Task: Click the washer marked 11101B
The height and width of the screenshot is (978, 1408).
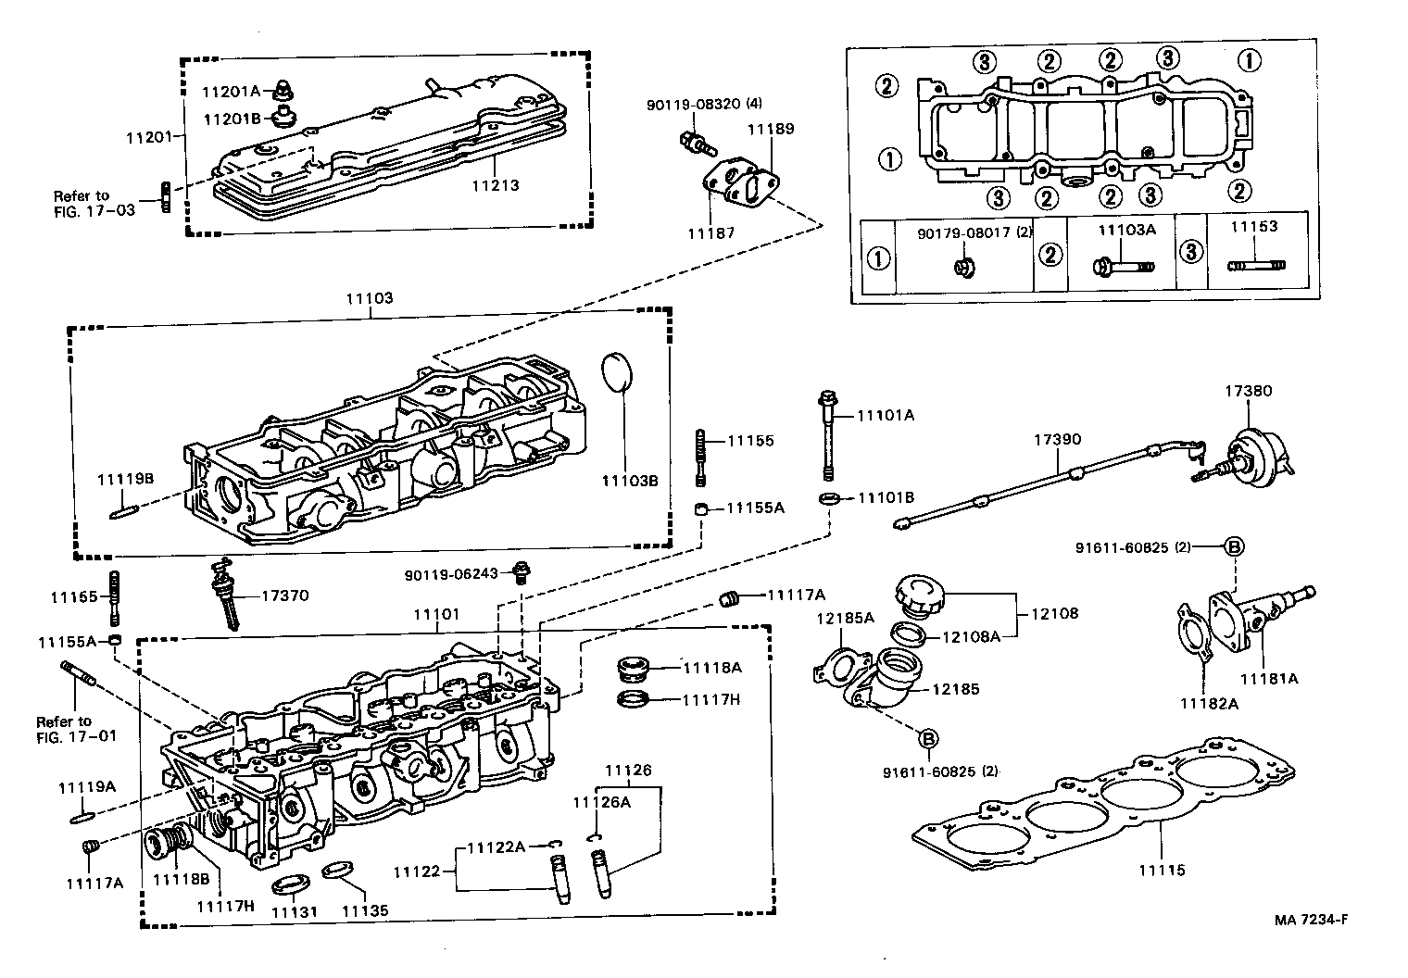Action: coord(830,499)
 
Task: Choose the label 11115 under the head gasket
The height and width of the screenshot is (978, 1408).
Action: coord(1163,870)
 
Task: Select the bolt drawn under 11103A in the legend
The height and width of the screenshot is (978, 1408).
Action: coord(1122,266)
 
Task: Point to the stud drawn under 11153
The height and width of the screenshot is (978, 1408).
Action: coord(1256,266)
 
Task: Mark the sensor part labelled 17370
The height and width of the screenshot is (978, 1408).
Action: coord(225,595)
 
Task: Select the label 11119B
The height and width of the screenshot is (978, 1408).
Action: coord(125,478)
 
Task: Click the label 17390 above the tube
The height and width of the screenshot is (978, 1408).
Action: coord(1057,439)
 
